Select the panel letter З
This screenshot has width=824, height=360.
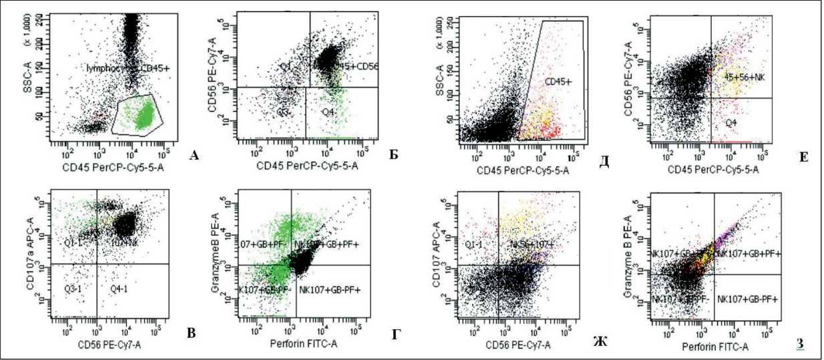click(x=799, y=344)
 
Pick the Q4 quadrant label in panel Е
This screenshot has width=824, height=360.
click(x=733, y=123)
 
